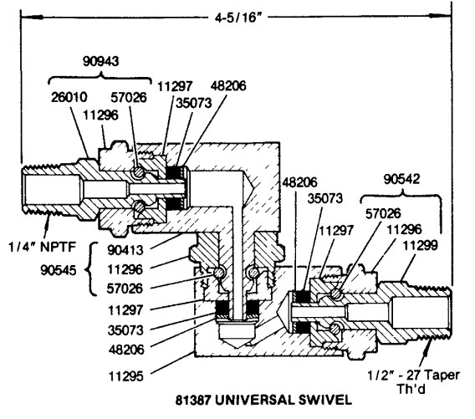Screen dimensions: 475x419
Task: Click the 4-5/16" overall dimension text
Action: click(x=238, y=18)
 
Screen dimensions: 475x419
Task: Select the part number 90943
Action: click(x=101, y=62)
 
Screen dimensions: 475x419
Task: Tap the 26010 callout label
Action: click(x=69, y=98)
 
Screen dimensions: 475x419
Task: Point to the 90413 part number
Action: click(x=125, y=250)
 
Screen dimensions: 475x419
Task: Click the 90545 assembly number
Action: click(x=59, y=270)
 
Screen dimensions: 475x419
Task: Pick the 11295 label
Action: click(x=125, y=376)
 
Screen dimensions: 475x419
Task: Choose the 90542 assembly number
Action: click(x=401, y=179)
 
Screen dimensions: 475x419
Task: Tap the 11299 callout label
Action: click(x=420, y=245)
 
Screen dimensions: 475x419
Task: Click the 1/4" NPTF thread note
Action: click(x=42, y=248)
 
